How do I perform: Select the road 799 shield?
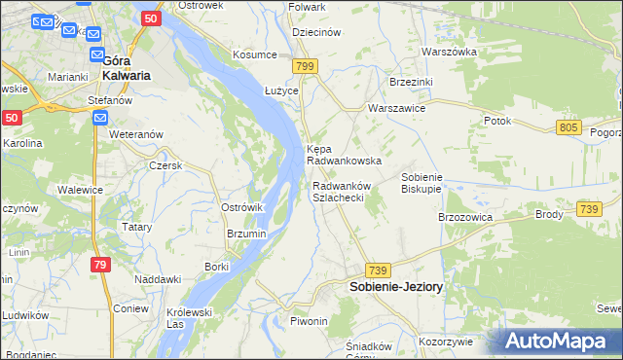click(306, 66)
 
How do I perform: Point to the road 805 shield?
click(570, 127)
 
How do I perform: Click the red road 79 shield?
click(100, 264)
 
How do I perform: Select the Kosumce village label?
click(254, 54)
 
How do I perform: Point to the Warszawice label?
click(396, 109)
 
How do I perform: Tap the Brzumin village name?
click(246, 234)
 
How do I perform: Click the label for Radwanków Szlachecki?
click(338, 192)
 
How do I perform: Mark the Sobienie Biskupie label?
click(422, 184)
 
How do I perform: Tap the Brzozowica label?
click(466, 217)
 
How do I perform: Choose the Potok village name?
click(496, 121)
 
